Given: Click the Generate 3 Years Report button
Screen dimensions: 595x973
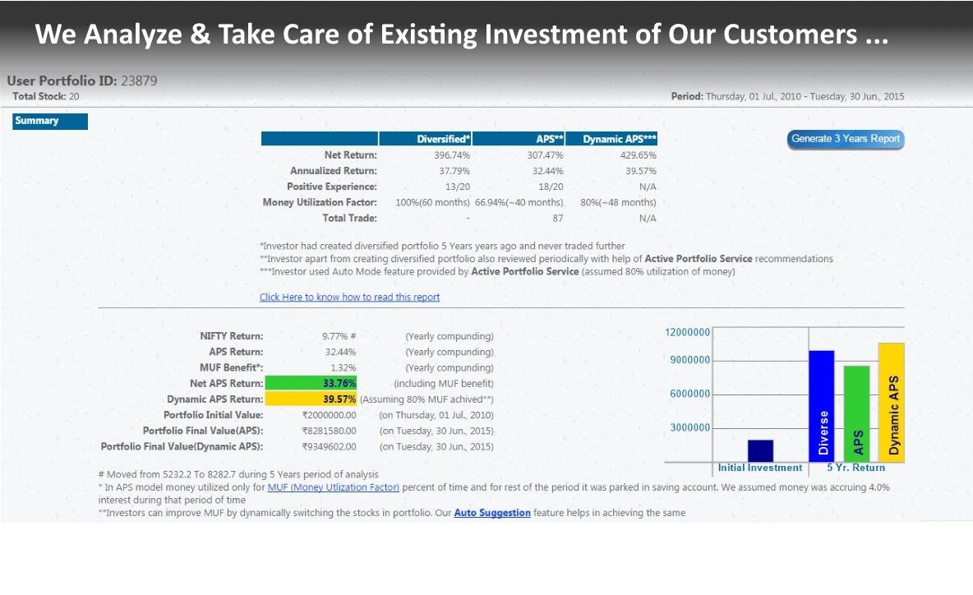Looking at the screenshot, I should pos(846,139).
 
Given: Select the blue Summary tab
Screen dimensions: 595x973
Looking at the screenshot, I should pos(50,122).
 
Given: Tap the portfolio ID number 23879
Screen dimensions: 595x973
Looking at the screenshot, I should pos(139,81).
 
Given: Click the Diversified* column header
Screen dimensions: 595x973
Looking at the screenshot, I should pos(443,139).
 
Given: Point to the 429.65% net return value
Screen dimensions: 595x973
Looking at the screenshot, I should pos(639,155).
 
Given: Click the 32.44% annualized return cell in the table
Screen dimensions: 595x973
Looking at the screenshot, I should pos(546,171).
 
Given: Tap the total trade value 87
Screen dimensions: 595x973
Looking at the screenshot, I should pos(556,218).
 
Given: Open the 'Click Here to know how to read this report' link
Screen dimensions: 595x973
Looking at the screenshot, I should pos(349,297).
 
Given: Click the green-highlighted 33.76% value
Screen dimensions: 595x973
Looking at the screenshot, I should pos(339,383).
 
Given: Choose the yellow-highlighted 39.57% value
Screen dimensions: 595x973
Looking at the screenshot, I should pos(339,399).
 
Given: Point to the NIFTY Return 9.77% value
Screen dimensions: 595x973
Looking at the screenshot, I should pos(339,336).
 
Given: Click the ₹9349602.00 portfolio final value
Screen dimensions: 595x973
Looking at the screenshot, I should pos(329,446).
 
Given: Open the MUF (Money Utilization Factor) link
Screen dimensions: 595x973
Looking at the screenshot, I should pos(333,487).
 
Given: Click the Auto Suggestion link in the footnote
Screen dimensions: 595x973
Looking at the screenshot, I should pos(492,513).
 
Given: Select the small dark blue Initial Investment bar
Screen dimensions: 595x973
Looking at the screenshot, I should pos(760,451).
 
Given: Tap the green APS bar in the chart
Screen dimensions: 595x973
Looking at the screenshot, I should pos(856,413).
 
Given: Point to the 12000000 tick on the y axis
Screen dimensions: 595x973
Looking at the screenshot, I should pos(687,332).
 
